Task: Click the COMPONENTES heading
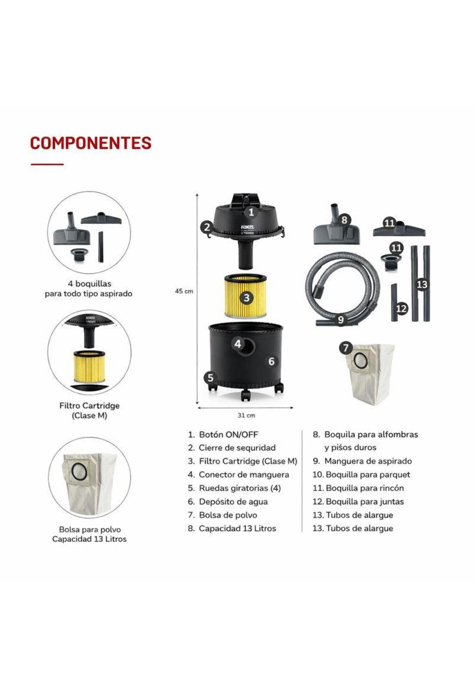(91, 143)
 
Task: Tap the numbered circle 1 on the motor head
(252, 211)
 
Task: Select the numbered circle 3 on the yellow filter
(246, 298)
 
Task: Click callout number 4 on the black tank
(238, 343)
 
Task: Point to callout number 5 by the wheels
(210, 377)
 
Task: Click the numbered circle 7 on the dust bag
(346, 348)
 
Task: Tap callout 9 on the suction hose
(340, 319)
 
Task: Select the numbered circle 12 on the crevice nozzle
(401, 308)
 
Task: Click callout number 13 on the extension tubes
(422, 284)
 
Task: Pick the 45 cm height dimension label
(184, 291)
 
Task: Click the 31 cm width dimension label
(246, 415)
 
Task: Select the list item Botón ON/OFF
(228, 434)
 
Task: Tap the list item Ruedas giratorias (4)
(240, 488)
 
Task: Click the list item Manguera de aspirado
(368, 461)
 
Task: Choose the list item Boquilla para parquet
(368, 475)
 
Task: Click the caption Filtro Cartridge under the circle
(89, 406)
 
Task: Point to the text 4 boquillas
(89, 283)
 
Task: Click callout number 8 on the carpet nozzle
(344, 220)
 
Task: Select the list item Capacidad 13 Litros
(237, 528)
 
